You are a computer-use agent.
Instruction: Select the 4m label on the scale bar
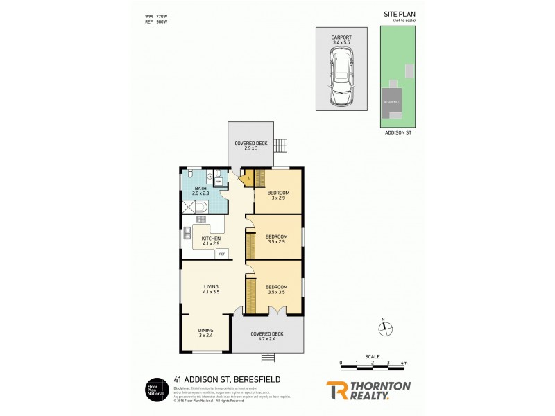click(x=404, y=363)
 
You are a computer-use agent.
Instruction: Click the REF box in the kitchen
click(x=222, y=254)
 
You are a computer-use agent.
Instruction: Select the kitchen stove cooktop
click(x=202, y=220)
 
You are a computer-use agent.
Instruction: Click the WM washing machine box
click(x=219, y=181)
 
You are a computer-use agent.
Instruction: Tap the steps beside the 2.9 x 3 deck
click(x=281, y=146)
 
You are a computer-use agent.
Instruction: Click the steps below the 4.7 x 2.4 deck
click(x=268, y=357)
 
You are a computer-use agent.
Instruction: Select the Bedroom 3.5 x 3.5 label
click(x=276, y=289)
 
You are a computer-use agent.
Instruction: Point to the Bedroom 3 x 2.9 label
click(x=279, y=195)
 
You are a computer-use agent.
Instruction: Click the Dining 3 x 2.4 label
click(x=206, y=333)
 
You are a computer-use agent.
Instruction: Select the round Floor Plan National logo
click(x=154, y=388)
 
